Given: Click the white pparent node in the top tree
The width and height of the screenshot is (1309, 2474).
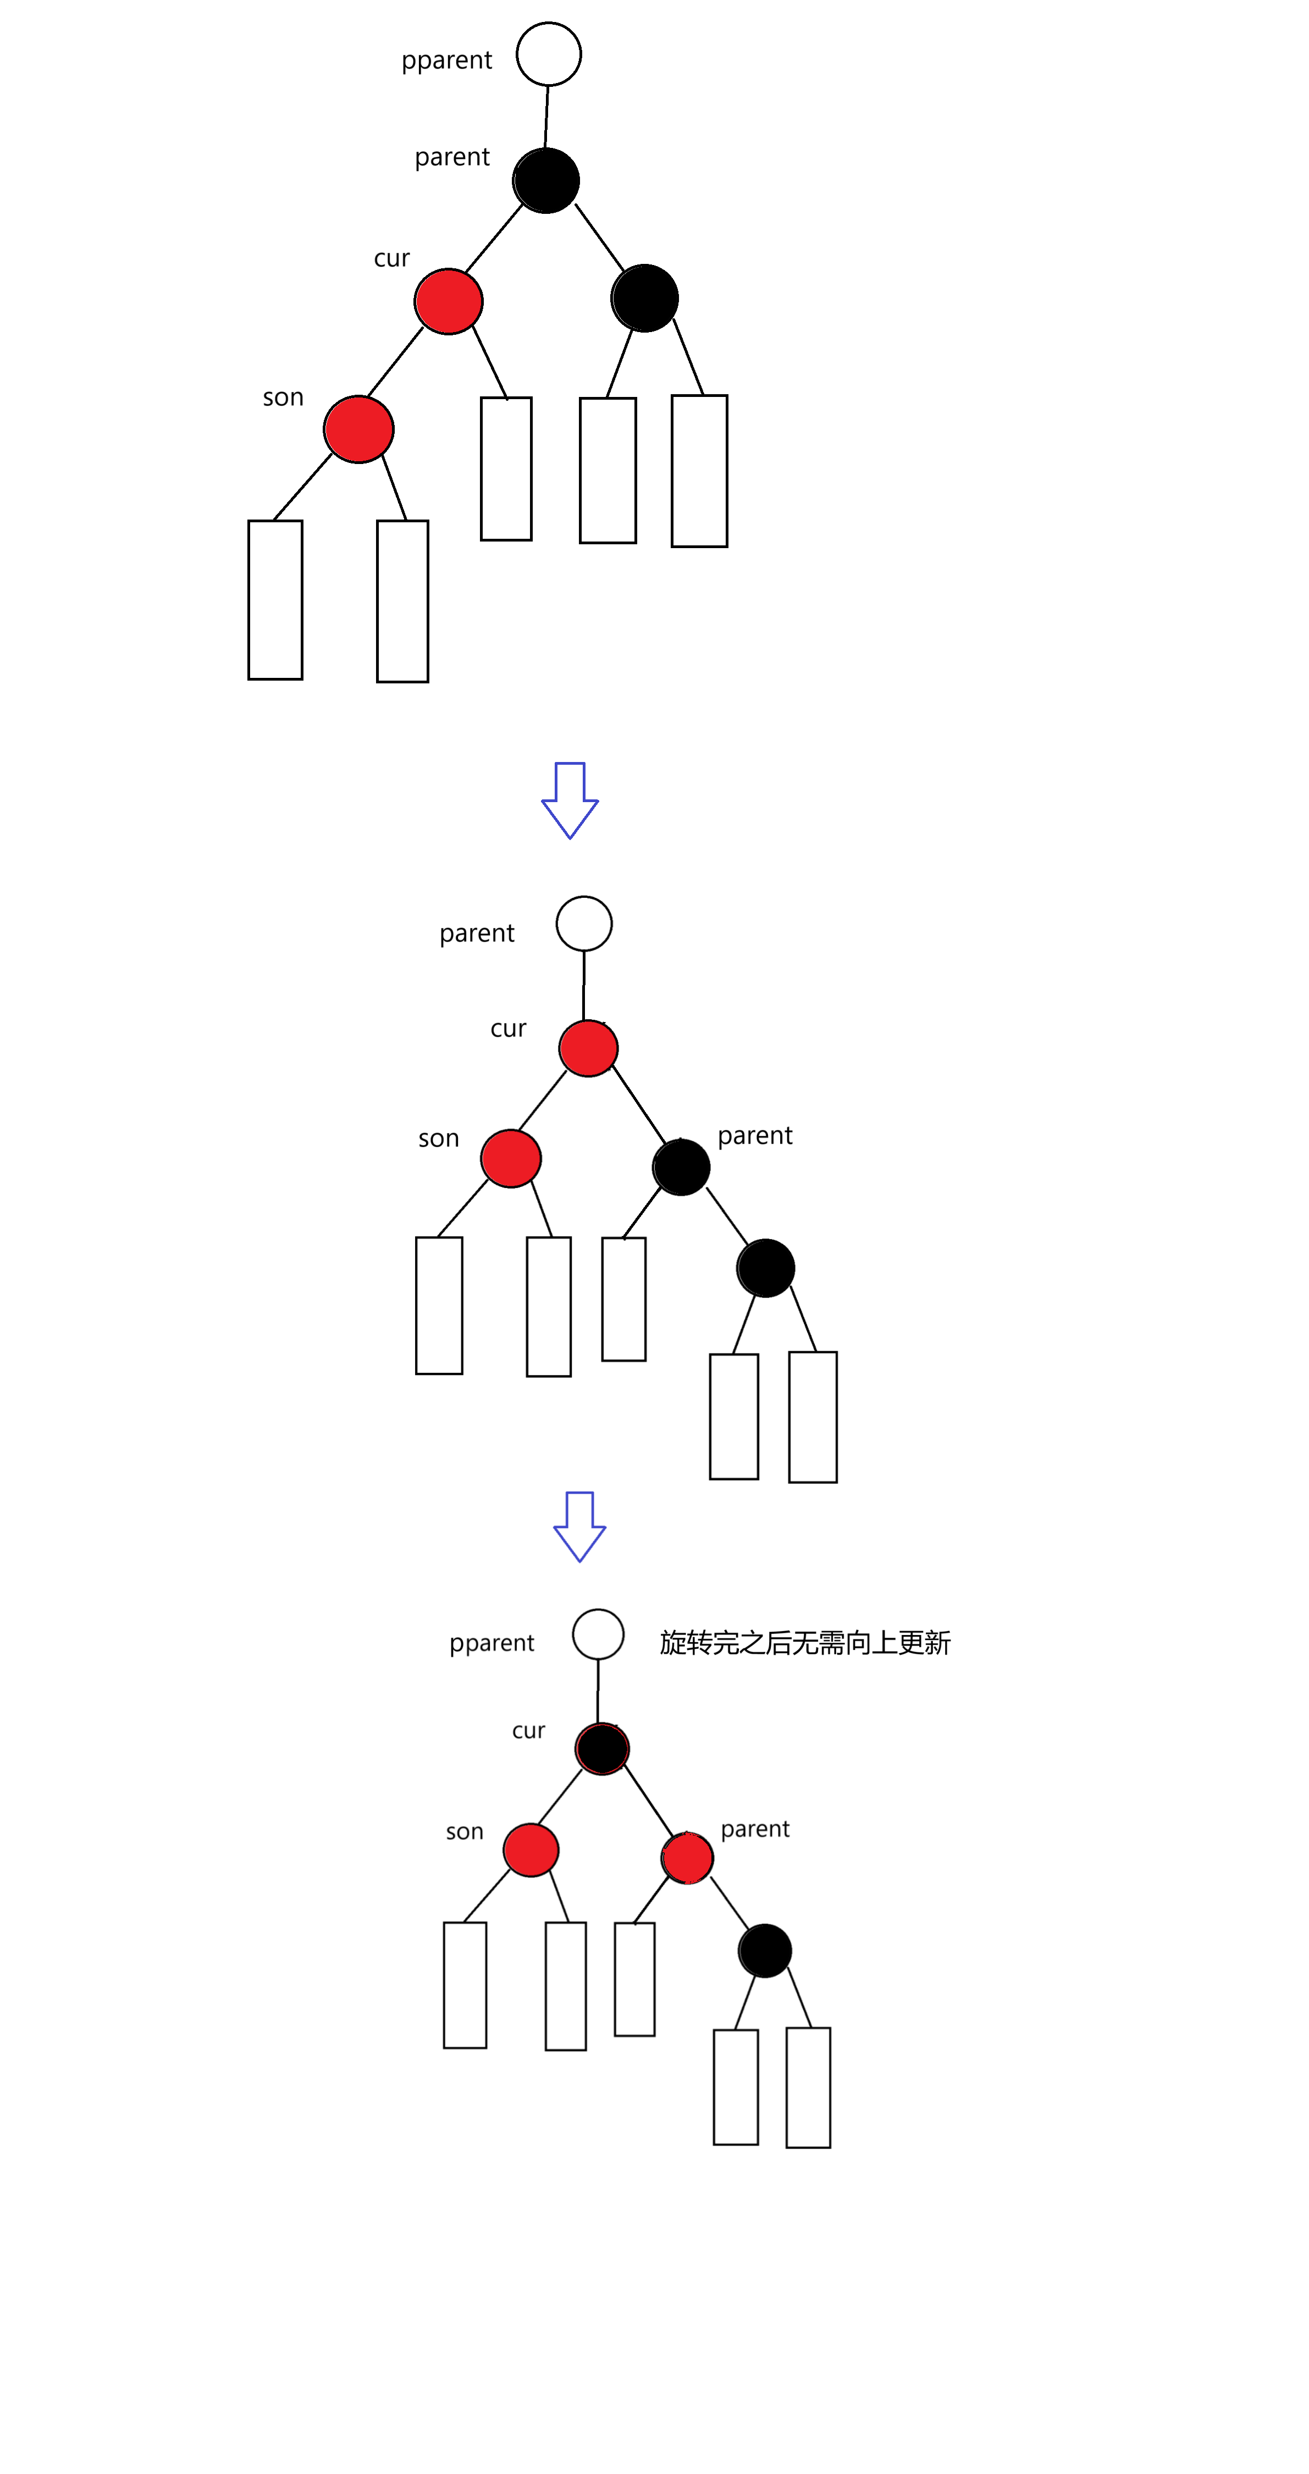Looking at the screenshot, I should [548, 54].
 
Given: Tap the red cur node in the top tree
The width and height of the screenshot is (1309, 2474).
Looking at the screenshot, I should [449, 302].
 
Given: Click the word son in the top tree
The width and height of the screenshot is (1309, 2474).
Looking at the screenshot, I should [283, 397].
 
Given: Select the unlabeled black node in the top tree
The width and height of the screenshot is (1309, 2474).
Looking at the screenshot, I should [644, 299].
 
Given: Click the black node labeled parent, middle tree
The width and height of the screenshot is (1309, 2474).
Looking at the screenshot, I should [681, 1167].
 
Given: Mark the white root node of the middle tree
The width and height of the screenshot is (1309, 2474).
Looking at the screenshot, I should [584, 924].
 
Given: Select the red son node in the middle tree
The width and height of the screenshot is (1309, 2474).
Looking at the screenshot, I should [511, 1158].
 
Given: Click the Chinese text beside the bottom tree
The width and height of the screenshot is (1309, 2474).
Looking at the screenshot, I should [805, 1643].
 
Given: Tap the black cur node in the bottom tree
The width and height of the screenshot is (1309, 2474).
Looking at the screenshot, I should [602, 1749].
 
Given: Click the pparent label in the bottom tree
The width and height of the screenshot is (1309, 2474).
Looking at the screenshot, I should [491, 1643].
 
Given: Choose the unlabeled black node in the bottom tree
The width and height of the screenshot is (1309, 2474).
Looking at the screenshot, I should [765, 1951].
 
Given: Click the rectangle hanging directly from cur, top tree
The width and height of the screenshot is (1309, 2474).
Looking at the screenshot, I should [506, 468].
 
